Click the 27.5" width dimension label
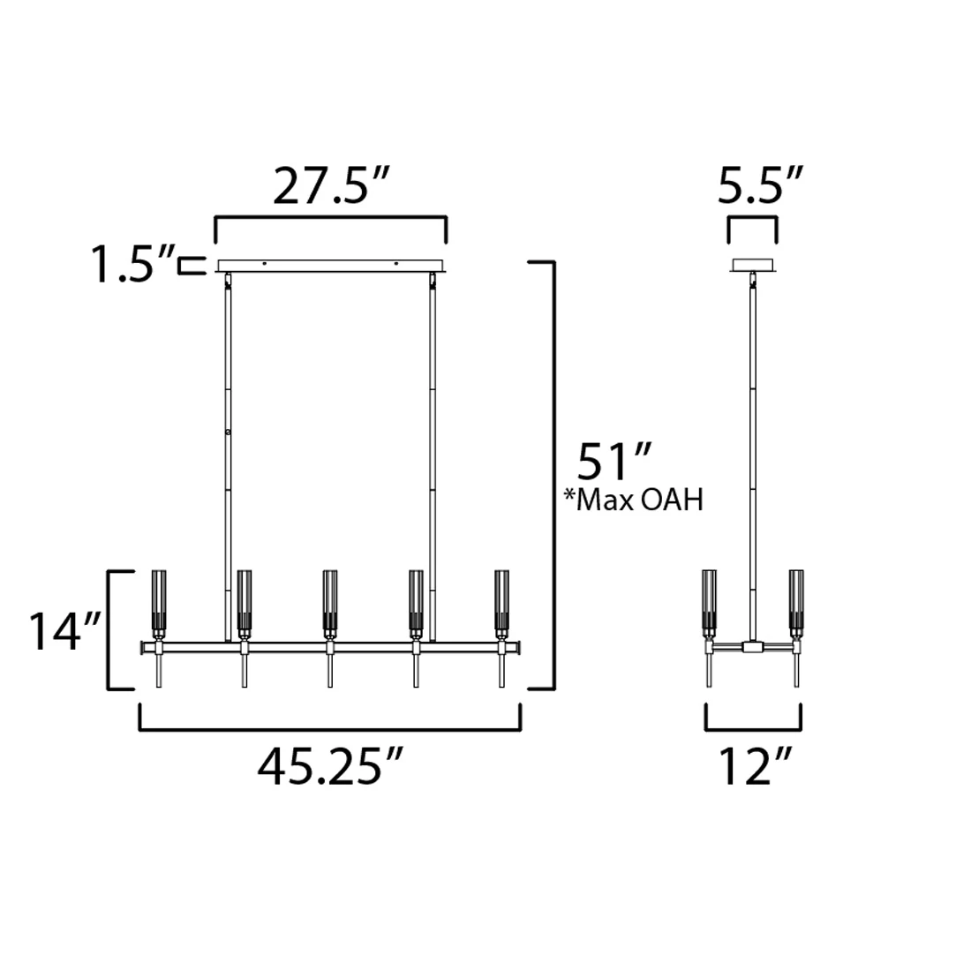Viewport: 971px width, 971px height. (330, 185)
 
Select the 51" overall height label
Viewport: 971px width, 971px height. (614, 462)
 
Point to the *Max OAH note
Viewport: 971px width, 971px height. (634, 501)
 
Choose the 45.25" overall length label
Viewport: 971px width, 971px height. (330, 766)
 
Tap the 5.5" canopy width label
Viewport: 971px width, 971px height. (760, 184)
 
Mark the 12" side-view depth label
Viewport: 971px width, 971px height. (756, 766)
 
